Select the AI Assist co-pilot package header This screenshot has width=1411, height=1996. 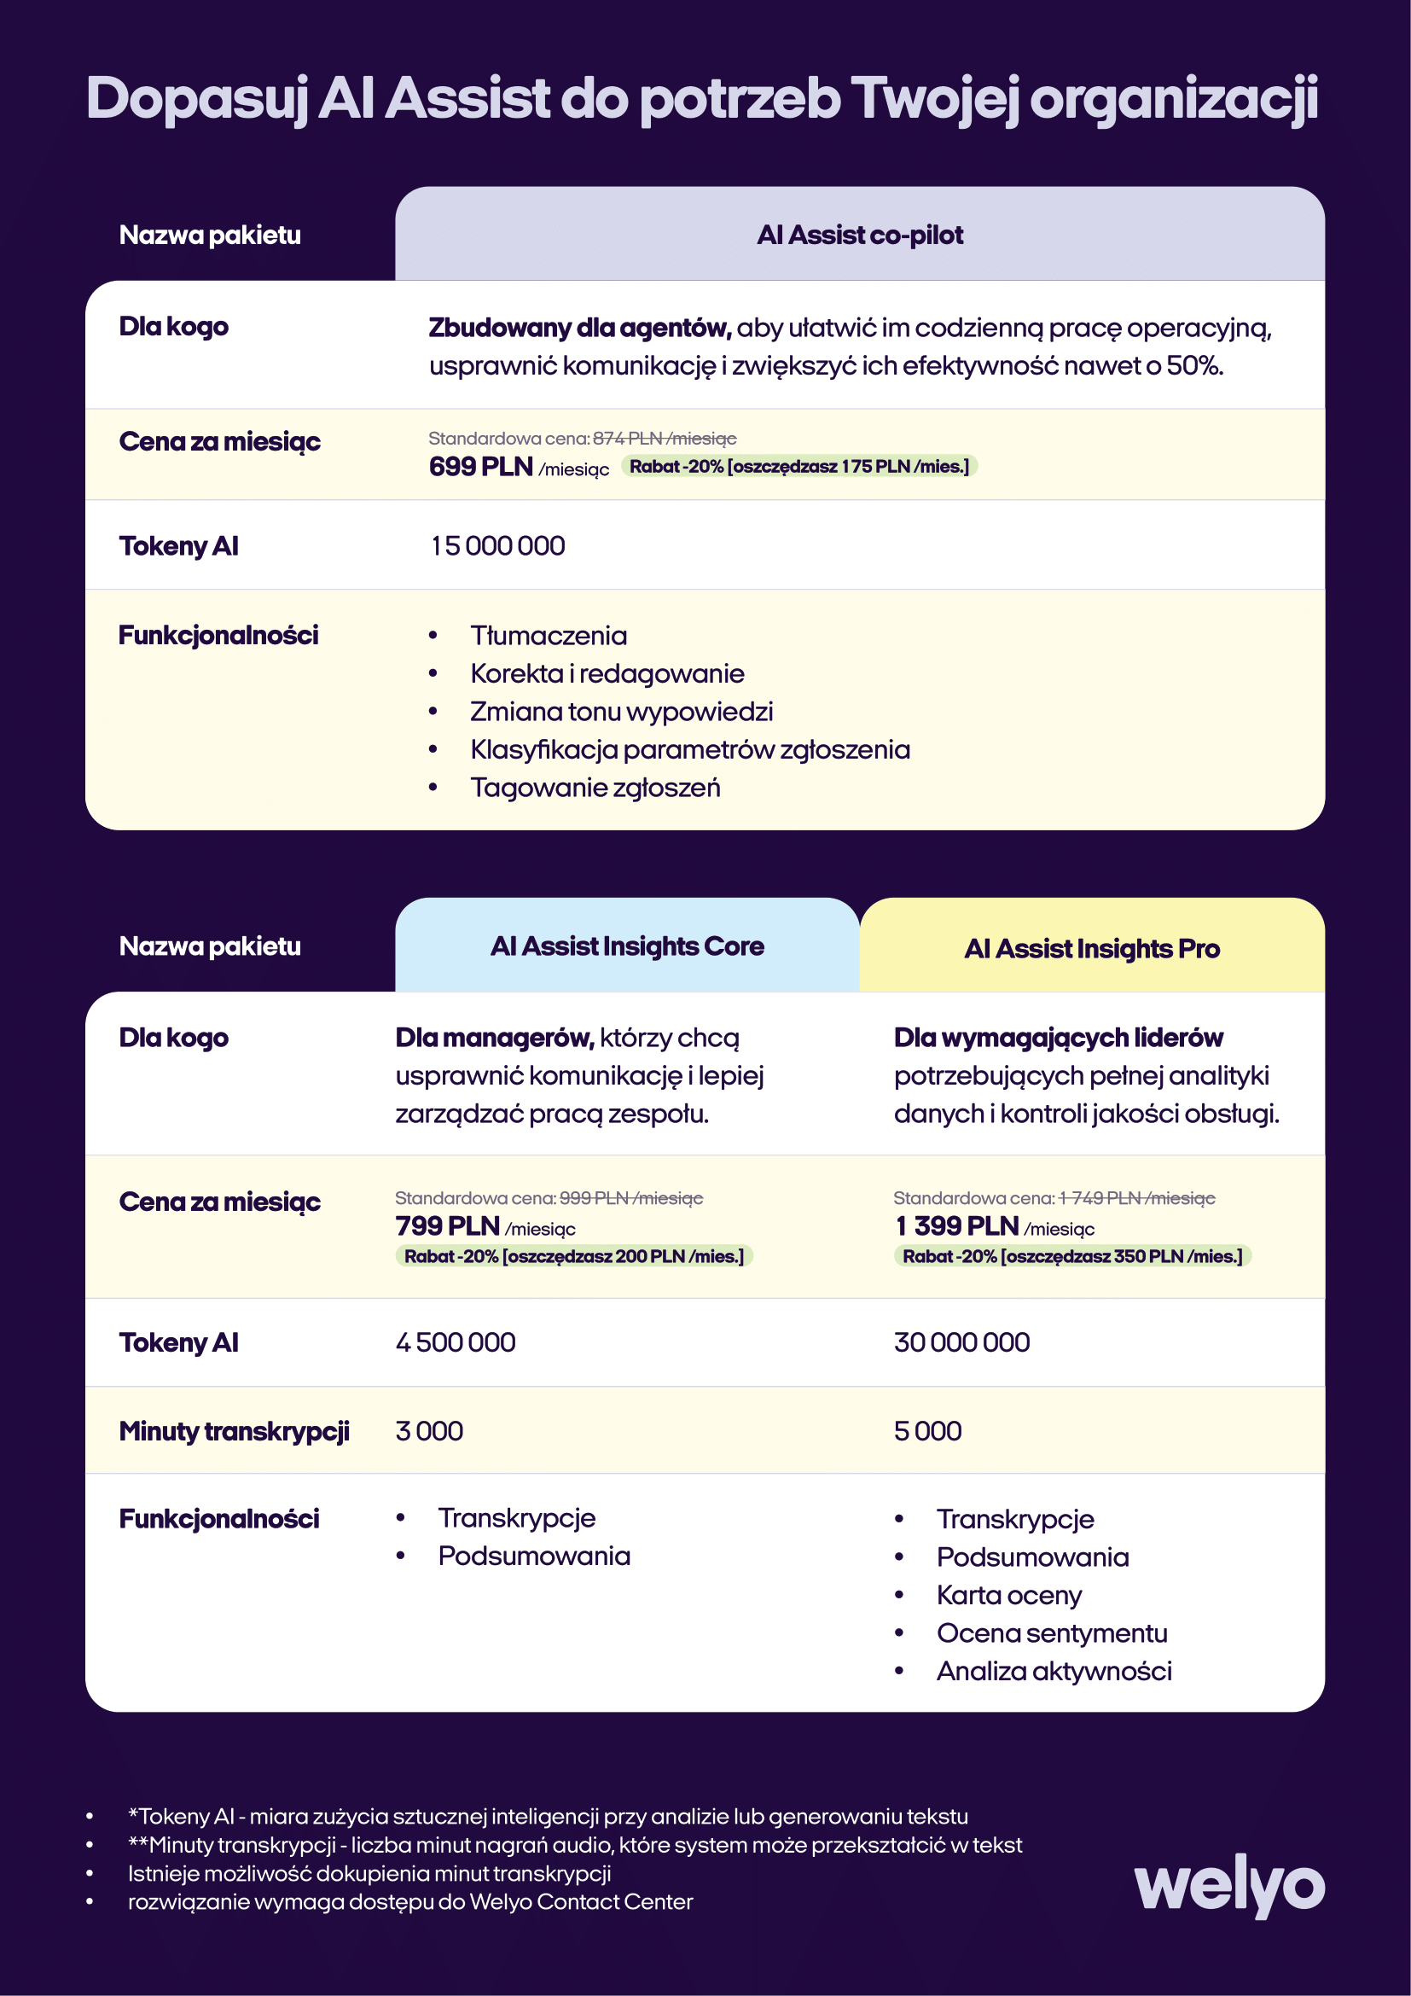[859, 235]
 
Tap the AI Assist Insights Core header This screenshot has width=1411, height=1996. [626, 946]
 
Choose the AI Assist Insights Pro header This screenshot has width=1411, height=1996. [1091, 948]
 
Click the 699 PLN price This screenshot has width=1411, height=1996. [480, 467]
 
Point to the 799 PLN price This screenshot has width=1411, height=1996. [448, 1225]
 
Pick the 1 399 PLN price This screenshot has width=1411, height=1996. [956, 1225]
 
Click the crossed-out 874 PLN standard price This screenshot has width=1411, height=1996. [664, 438]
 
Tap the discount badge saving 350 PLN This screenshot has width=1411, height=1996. [1072, 1256]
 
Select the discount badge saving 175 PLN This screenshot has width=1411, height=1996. [798, 467]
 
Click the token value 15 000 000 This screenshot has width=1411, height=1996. [498, 546]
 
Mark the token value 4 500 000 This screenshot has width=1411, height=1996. [456, 1342]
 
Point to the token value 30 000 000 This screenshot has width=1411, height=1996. [961, 1342]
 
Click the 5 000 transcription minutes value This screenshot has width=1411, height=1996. [928, 1431]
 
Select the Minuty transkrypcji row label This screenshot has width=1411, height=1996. [234, 1431]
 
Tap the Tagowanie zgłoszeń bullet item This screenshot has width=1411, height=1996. [595, 788]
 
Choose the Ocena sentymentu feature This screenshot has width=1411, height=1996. [1051, 1633]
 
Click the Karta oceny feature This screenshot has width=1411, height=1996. [1008, 1595]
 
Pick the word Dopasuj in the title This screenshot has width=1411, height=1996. [197, 97]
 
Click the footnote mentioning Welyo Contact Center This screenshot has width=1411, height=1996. [410, 1902]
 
